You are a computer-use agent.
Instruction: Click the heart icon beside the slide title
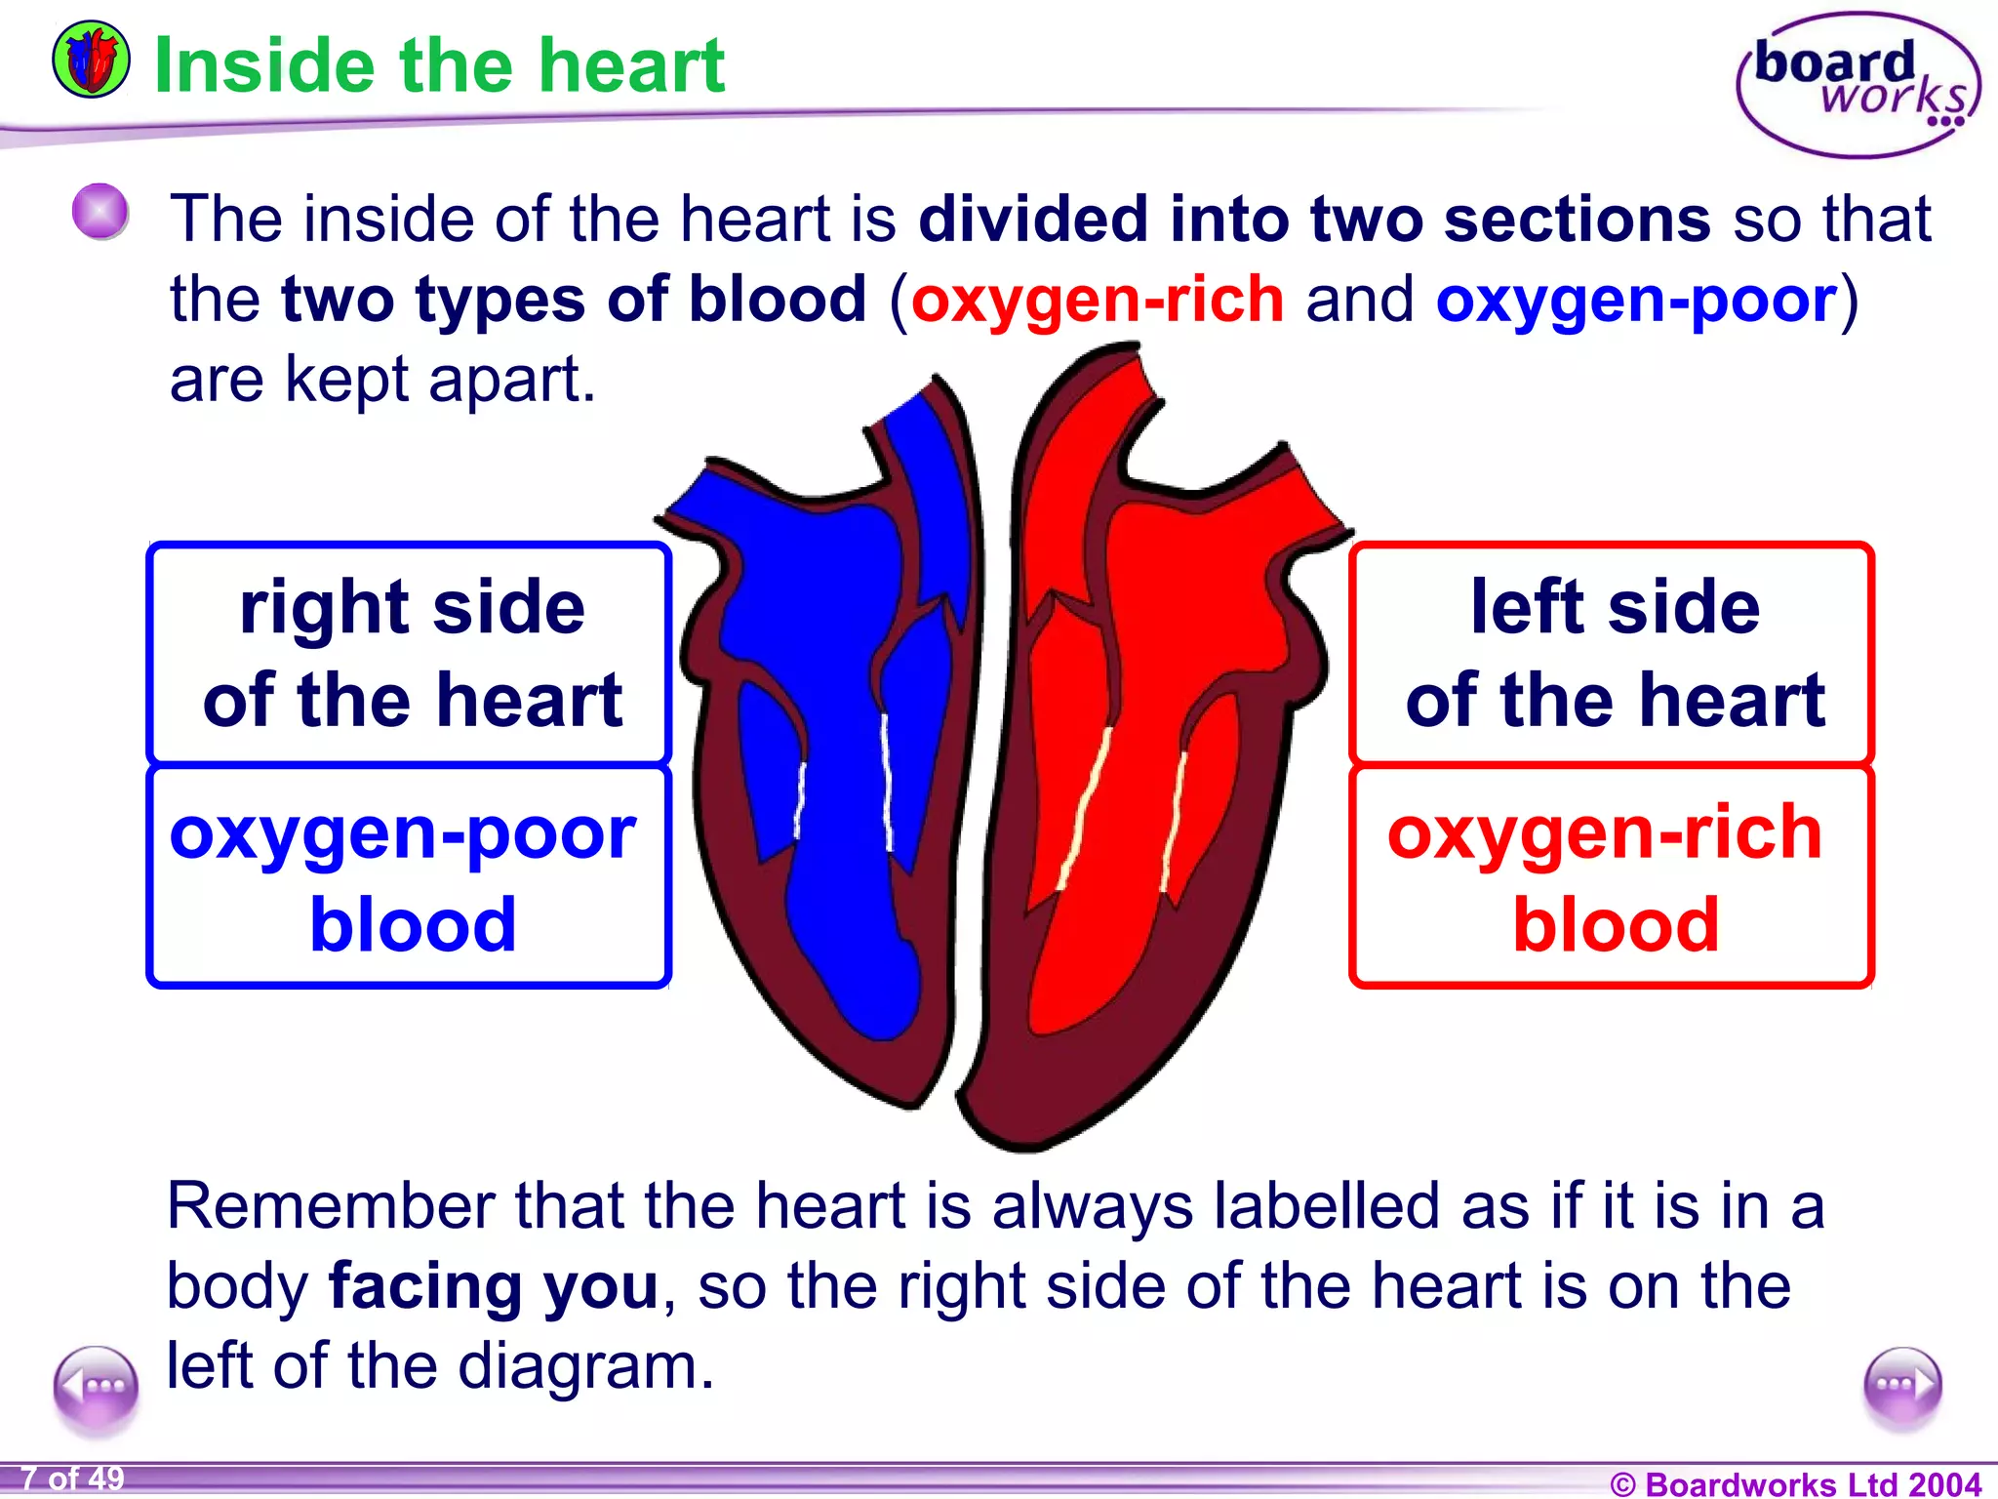click(x=90, y=60)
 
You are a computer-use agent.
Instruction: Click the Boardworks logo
click(x=1858, y=86)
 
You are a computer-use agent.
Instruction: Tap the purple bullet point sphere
click(x=100, y=212)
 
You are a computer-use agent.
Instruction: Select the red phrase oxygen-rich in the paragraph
click(x=1098, y=300)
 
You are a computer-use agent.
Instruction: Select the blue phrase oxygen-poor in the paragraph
click(x=1636, y=300)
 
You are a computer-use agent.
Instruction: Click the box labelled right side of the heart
click(x=410, y=653)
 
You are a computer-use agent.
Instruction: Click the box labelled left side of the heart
click(x=1613, y=653)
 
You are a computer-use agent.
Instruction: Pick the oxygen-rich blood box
click(x=1613, y=876)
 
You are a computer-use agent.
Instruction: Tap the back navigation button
click(x=96, y=1386)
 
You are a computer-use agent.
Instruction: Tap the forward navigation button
click(x=1901, y=1386)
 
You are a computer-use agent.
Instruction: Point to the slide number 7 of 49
click(x=72, y=1479)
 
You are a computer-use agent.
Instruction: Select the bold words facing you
click(x=494, y=1286)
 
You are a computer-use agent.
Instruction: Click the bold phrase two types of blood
click(x=574, y=300)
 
